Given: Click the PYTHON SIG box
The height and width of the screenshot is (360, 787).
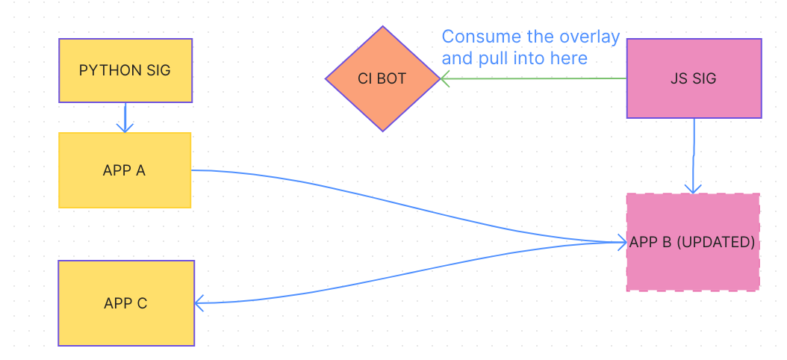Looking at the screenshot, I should click(125, 70).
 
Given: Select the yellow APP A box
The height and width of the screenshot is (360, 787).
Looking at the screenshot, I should click(125, 170).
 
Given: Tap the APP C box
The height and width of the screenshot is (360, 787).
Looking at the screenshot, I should click(126, 303).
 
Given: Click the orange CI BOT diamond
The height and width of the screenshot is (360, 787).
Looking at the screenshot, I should click(383, 78).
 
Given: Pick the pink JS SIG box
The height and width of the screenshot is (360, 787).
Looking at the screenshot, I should click(694, 78).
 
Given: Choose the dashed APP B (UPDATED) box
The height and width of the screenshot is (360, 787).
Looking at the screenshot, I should click(693, 242).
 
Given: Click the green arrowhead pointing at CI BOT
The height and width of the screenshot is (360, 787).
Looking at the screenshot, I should click(444, 78).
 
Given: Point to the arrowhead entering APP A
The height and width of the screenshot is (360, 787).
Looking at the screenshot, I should click(125, 128).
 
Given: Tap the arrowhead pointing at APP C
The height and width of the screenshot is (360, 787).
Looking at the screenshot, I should click(199, 303).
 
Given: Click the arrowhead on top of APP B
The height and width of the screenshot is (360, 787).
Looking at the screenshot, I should click(694, 188).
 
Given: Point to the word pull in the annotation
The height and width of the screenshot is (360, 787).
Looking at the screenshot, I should click(490, 58).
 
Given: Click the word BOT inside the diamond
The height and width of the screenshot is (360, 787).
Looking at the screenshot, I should click(393, 78).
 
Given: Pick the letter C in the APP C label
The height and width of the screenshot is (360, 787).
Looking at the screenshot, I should click(142, 303).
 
